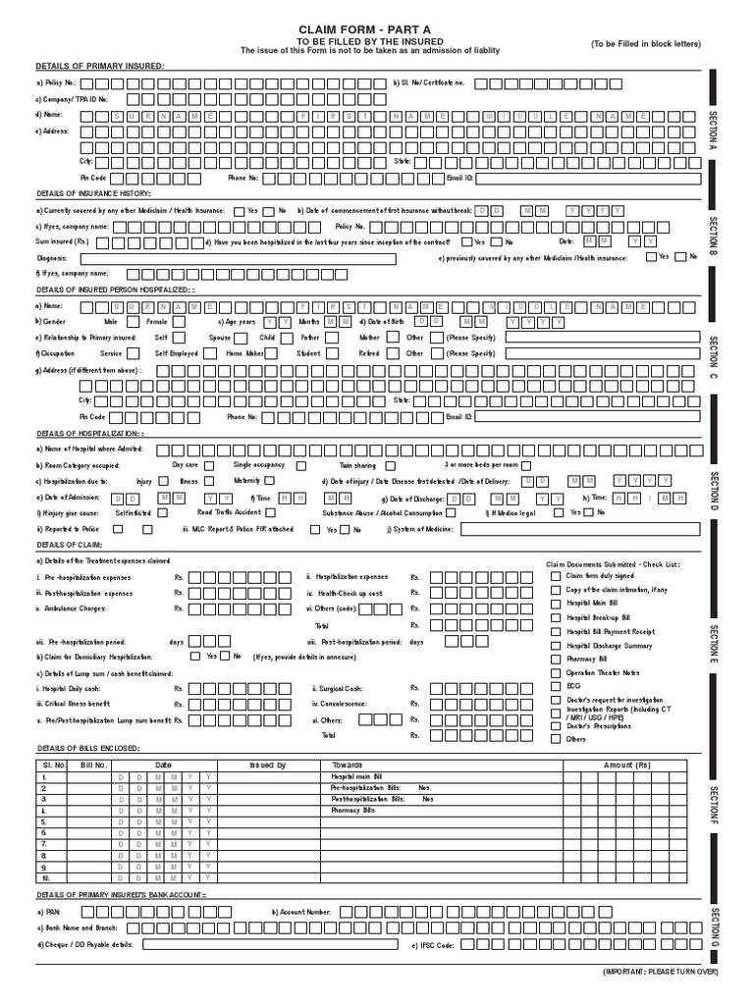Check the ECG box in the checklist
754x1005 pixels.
coord(556,687)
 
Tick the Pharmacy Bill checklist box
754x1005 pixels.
coord(556,660)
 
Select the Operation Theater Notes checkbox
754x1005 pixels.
coord(556,673)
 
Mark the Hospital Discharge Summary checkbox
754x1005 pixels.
coord(556,646)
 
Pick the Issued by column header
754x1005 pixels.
coord(267,765)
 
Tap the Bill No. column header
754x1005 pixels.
coord(93,765)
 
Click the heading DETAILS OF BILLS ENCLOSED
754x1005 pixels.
coord(87,748)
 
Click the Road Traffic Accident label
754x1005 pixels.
coord(229,512)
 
